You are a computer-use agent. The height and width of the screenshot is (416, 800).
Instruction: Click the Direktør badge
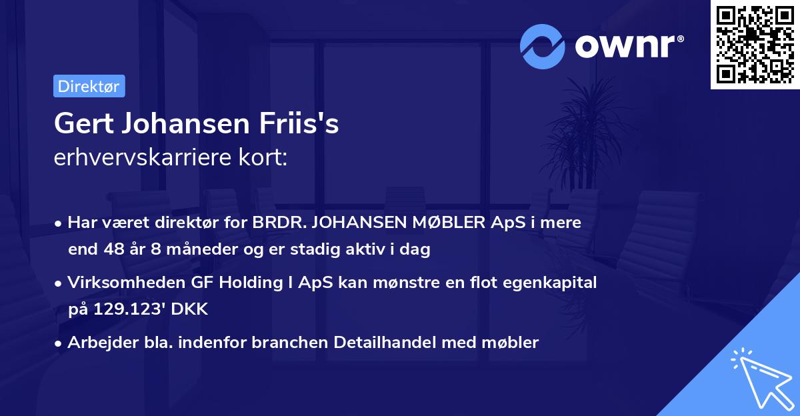[x=89, y=86]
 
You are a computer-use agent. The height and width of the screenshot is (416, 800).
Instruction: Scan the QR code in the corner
[x=754, y=44]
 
